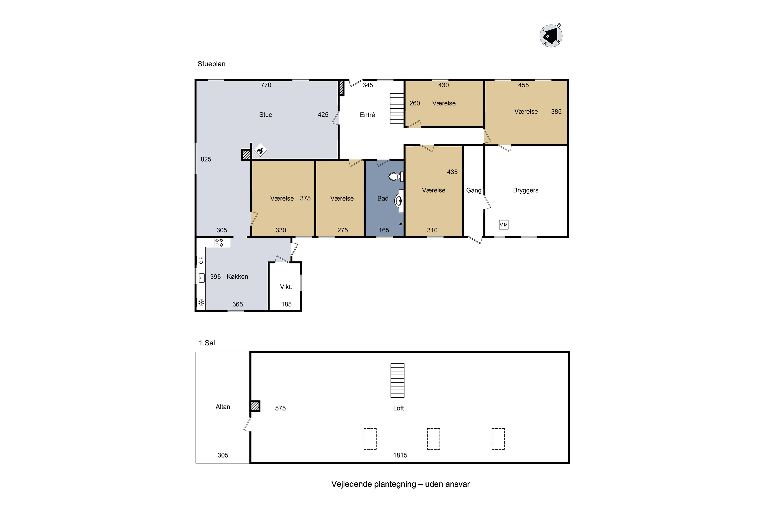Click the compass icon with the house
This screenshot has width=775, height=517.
[x=551, y=36]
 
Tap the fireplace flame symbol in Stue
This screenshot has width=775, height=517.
[x=260, y=151]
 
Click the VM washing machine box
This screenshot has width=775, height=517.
[x=503, y=225]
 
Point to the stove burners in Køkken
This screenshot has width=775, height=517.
[x=219, y=242]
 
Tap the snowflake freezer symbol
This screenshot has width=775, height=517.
[x=201, y=302]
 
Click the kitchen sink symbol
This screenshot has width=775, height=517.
[x=202, y=278]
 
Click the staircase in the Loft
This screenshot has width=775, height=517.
[x=397, y=381]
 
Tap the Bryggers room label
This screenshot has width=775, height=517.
[x=525, y=190]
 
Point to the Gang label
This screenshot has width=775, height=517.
[x=474, y=190]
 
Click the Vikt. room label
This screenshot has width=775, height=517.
[x=286, y=287]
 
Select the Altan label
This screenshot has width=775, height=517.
[x=223, y=407]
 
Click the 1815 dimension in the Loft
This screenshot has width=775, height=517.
[x=400, y=455]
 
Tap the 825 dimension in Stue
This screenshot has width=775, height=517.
[x=206, y=159]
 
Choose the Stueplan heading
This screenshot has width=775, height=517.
[x=212, y=64]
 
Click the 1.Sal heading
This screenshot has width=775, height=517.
[x=207, y=343]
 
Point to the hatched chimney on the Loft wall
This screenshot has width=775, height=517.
[x=255, y=406]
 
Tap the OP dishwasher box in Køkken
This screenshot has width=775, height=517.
[x=201, y=260]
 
